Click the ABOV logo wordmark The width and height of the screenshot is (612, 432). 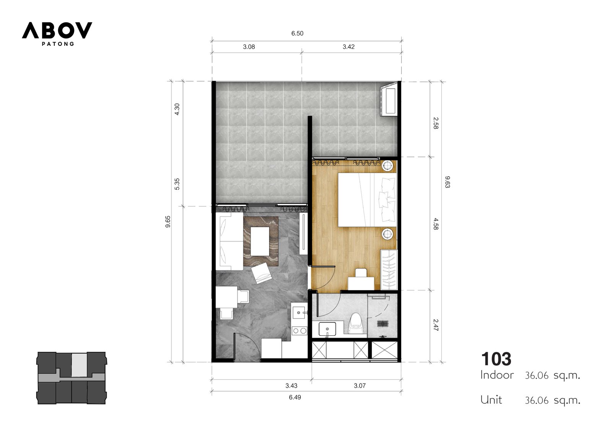tap(57, 30)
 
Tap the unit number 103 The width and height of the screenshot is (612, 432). tap(496, 359)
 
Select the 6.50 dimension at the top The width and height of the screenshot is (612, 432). tap(297, 33)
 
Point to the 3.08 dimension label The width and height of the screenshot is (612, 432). tap(249, 47)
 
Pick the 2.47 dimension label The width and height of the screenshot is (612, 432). tap(436, 325)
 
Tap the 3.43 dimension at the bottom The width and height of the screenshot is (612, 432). tap(291, 386)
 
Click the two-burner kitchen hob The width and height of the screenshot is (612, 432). tap(299, 331)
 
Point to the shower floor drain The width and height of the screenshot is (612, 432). tap(383, 324)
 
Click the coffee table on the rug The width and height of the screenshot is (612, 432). tap(260, 241)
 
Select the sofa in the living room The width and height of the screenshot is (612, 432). tap(229, 241)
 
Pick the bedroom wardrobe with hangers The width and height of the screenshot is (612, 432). tap(389, 269)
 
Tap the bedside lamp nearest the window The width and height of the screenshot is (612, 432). tap(387, 166)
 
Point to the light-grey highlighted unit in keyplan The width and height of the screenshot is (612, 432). tap(80, 364)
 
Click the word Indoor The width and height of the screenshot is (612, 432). tap(497, 375)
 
